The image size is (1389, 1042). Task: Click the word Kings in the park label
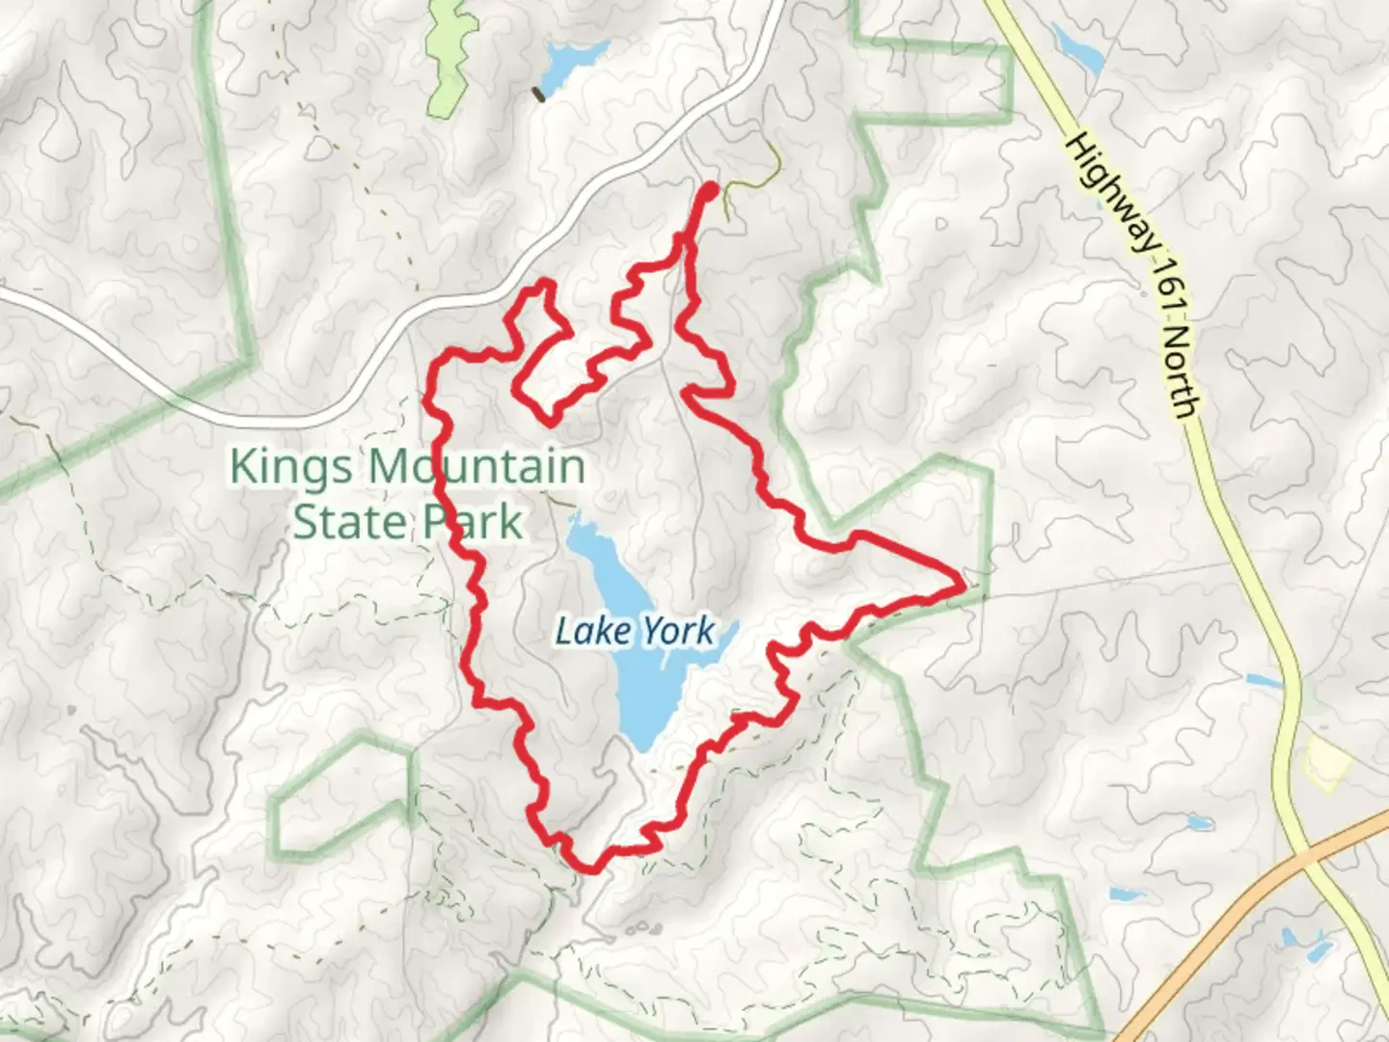[290, 468]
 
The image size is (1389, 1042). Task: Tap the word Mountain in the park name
[477, 466]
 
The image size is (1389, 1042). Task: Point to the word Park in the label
[466, 522]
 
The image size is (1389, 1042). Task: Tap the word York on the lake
[678, 631]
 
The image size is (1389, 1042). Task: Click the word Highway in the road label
[1110, 194]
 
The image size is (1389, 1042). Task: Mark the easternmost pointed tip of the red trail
[961, 584]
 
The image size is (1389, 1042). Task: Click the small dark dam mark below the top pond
[538, 95]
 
